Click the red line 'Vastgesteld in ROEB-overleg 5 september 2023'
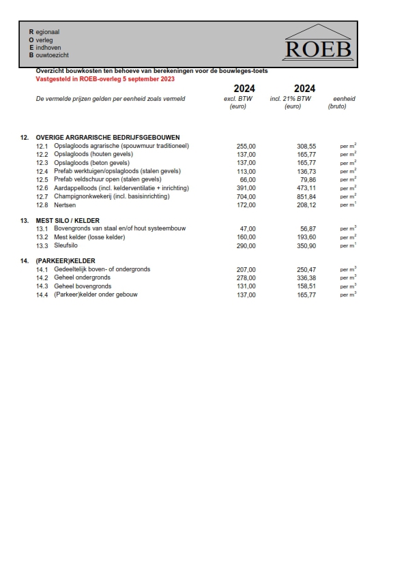tap(105, 79)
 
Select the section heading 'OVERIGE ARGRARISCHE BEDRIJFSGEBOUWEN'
tap(108, 138)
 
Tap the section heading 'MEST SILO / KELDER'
tap(68, 220)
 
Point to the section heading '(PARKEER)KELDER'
tap(66, 261)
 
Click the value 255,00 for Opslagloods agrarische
tap(246, 147)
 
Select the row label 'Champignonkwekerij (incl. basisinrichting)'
tap(112, 196)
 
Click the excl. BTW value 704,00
tap(246, 196)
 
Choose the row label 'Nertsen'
tap(66, 205)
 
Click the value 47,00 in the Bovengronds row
tap(248, 229)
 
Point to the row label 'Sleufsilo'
tap(68, 245)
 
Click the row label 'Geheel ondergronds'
tap(83, 278)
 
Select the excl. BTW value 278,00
tap(246, 278)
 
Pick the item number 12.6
tap(42, 188)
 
